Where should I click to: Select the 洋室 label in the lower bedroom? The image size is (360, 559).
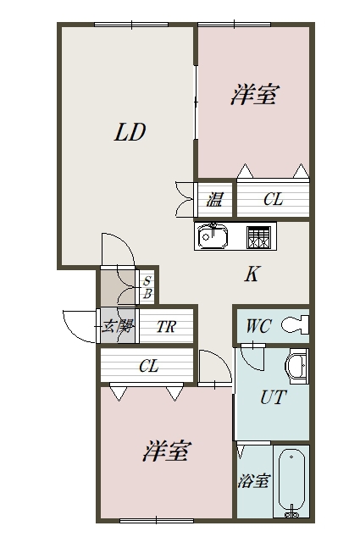164,450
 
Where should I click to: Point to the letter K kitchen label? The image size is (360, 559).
252,274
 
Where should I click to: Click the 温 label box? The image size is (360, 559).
215,201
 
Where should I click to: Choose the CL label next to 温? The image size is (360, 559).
272,201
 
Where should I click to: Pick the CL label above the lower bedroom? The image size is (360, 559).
149,367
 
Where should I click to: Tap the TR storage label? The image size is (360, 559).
166,326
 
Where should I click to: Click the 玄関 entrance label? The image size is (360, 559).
117,326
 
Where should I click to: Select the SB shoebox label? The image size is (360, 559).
147,288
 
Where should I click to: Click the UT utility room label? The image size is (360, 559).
271,396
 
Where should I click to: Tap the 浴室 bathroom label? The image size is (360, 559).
253,482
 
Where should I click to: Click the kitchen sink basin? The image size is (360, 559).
212,236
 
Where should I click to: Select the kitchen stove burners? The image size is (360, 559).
259,236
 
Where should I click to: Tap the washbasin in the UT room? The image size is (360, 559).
297,367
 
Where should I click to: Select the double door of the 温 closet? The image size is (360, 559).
185,200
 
